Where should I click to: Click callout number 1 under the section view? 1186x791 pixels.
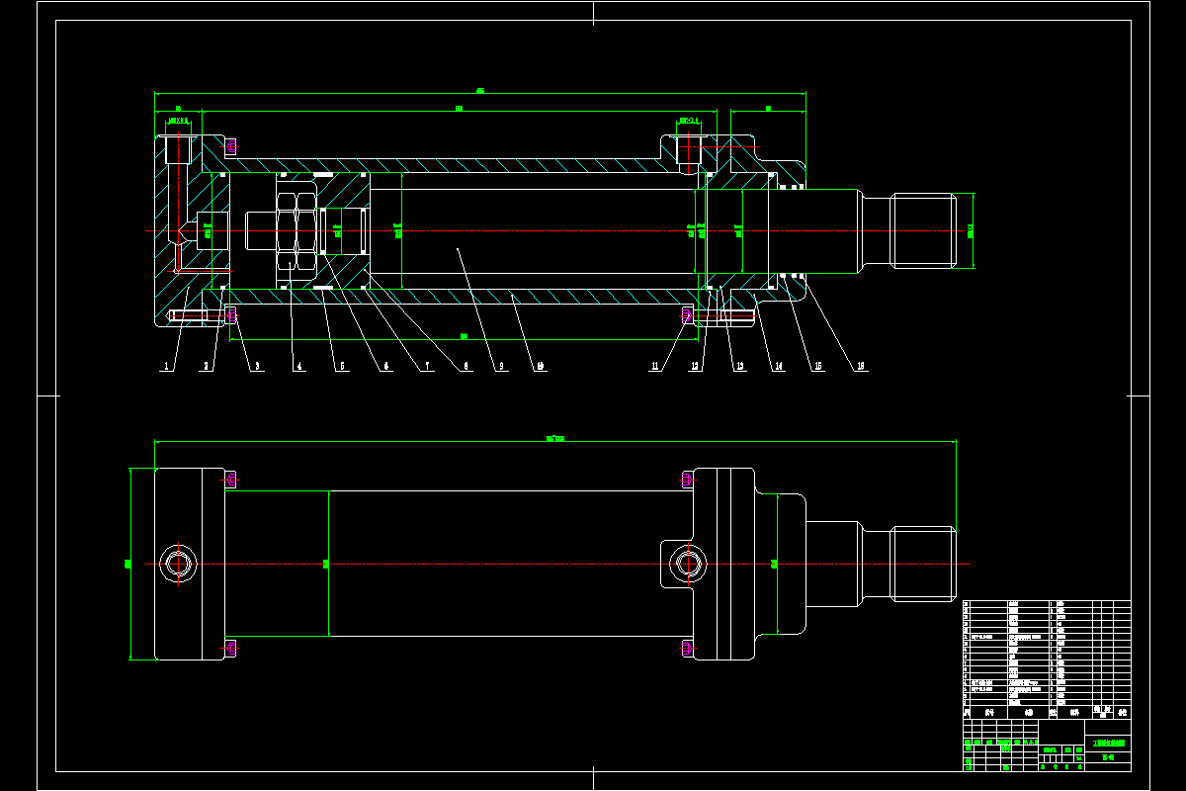coord(166,367)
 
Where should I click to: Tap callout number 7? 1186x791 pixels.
coord(426,367)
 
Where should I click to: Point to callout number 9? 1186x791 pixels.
coord(502,367)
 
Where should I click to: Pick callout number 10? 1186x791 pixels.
coord(541,367)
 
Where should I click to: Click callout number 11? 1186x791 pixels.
coord(654,367)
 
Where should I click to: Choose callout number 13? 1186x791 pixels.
coord(739,367)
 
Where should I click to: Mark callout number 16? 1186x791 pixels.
coord(861,367)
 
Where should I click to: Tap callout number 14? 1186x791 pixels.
coord(779,367)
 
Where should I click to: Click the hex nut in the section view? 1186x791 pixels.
coord(297,231)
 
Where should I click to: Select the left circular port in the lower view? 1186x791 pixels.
coord(179,565)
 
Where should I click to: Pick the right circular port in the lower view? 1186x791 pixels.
coord(688,565)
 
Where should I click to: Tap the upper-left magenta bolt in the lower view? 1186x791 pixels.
coord(231,481)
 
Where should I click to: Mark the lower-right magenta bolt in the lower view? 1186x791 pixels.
coord(688,648)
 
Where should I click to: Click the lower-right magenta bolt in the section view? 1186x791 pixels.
coord(688,315)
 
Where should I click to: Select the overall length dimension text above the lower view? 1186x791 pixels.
coord(554,437)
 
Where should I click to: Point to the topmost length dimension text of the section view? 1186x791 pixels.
coord(480,91)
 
